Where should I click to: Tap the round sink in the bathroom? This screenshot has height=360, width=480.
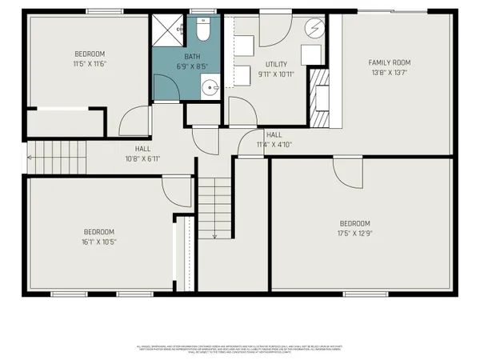pyautogui.click(x=210, y=88)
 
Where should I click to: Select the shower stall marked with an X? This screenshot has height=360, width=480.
pyautogui.click(x=169, y=31)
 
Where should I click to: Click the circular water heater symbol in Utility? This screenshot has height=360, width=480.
pyautogui.click(x=314, y=27)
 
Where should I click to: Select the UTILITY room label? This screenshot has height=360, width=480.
pyautogui.click(x=277, y=64)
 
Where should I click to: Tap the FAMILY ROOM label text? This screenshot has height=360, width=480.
pyautogui.click(x=390, y=62)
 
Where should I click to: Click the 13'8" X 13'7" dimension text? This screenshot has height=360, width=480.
pyautogui.click(x=390, y=72)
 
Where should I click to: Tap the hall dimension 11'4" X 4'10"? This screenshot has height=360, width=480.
pyautogui.click(x=274, y=145)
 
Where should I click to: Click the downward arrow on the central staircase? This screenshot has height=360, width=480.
pyautogui.click(x=215, y=234)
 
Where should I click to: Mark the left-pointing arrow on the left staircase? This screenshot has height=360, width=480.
pyautogui.click(x=30, y=158)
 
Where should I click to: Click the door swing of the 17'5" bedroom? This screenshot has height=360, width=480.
pyautogui.click(x=346, y=171)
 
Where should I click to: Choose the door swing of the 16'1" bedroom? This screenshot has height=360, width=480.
pyautogui.click(x=174, y=190)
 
